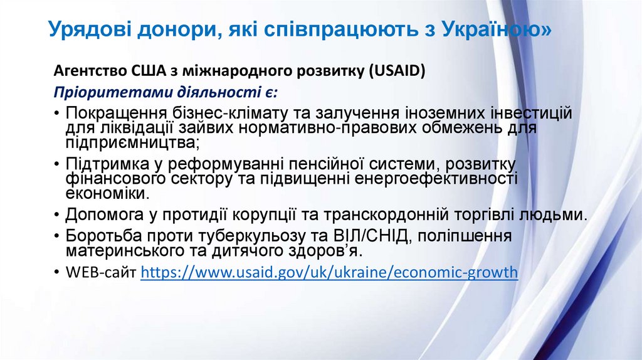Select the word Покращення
117,114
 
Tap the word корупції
252,214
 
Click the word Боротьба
103,236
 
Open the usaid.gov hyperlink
329,273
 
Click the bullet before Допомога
57,214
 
